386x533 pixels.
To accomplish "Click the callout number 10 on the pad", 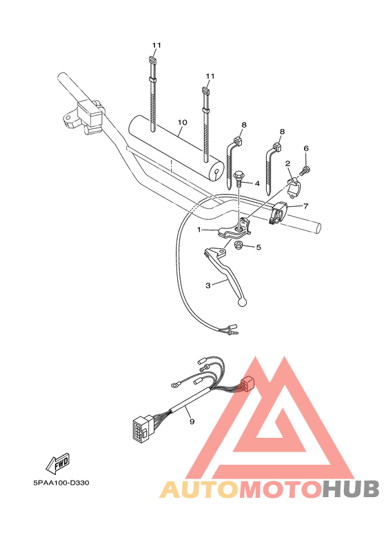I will tap(182, 123).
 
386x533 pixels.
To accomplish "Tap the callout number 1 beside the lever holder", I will tap(199, 230).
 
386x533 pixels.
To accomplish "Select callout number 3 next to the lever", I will tap(207, 284).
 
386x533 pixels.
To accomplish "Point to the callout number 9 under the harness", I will tap(192, 419).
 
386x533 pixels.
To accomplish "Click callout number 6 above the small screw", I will tap(306, 148).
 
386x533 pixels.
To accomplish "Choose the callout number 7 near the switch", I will tap(305, 205).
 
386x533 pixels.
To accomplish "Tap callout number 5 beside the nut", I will tap(258, 247).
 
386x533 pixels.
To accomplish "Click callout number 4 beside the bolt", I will tap(256, 183).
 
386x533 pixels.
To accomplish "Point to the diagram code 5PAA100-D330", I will tap(60, 483).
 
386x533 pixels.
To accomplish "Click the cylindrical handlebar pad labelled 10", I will tap(177, 147).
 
